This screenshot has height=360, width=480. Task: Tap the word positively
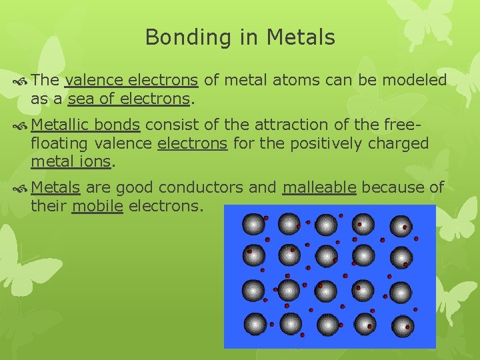click(x=330, y=143)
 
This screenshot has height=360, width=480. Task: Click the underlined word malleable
click(x=319, y=187)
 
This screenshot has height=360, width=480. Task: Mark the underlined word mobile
click(x=97, y=206)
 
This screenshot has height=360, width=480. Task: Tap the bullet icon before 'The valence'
click(x=20, y=81)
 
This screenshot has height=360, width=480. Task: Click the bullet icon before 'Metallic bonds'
click(x=20, y=125)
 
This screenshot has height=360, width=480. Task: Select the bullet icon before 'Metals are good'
click(x=20, y=188)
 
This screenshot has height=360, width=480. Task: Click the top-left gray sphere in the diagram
click(x=253, y=223)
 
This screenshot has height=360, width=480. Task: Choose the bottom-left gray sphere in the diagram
click(x=254, y=324)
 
